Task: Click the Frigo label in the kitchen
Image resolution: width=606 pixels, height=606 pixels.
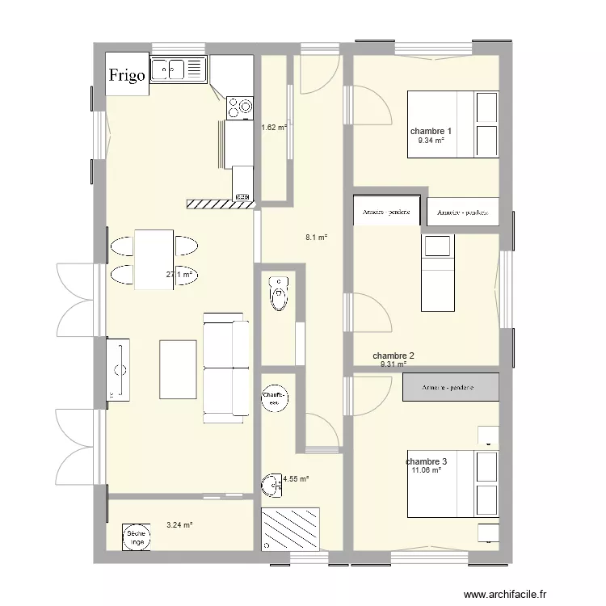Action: coord(128,75)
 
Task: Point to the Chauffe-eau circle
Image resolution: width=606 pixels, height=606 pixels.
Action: coord(273,395)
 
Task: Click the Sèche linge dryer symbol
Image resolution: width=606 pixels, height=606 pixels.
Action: coord(136,537)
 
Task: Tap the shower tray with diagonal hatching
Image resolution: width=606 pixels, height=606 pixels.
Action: coord(290,529)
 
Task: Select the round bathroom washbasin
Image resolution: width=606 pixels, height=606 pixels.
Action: coord(271,484)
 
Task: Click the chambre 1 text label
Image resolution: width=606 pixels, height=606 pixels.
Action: coord(431,131)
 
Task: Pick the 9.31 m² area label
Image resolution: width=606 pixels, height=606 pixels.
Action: coord(393,364)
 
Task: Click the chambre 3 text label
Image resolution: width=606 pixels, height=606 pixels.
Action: coord(427,461)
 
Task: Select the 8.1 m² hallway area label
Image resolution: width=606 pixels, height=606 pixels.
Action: coord(316,238)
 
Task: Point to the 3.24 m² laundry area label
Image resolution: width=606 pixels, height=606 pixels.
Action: coord(179,525)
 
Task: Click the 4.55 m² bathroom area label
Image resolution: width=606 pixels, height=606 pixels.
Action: coord(296,479)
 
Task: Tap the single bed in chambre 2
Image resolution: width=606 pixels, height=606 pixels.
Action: coord(440,272)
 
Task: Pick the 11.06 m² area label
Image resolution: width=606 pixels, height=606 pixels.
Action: coord(427,470)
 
